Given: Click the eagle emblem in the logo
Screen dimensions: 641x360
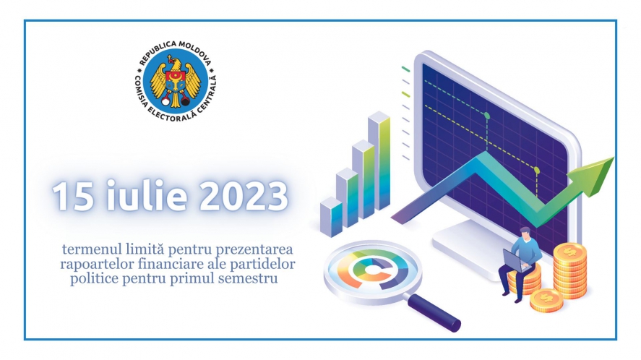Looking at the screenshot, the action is point(176,81).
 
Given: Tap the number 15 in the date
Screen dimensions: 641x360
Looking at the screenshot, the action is point(72,197).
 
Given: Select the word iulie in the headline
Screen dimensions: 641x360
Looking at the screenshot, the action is point(147,196).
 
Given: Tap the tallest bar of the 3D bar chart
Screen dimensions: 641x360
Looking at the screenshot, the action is point(379,160).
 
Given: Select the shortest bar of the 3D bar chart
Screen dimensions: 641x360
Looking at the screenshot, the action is point(331,217).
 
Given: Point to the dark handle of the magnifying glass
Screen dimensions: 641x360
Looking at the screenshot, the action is point(434,312).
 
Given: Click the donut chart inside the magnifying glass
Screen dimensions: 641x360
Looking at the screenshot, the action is point(372,270).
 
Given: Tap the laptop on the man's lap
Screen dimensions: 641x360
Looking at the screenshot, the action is point(516,261).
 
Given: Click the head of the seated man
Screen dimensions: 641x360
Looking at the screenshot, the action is point(525,233).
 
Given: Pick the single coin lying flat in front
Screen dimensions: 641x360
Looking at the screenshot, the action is point(546,300).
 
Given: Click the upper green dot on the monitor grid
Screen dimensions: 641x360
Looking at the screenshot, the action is point(487,116).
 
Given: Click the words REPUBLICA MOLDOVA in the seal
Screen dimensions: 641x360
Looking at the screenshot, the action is point(176,51).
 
